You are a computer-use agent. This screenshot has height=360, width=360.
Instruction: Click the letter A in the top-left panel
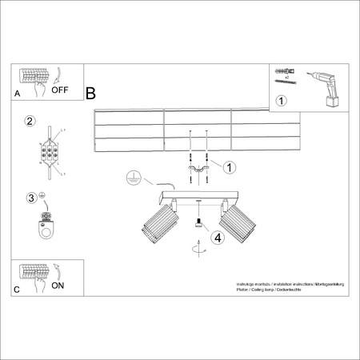point(17,94)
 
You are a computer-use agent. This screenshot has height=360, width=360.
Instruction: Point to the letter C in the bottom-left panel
point(17,289)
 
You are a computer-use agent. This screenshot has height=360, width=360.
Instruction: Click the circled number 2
point(30,122)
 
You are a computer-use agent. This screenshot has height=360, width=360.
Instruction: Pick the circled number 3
point(31,198)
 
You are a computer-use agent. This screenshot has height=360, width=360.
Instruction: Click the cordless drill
point(326,86)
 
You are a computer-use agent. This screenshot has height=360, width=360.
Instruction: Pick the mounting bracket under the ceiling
point(198,171)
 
